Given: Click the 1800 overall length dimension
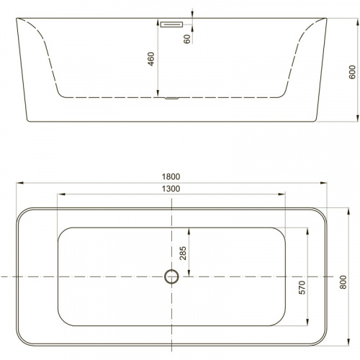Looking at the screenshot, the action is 171,176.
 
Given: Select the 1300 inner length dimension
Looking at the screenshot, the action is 171,189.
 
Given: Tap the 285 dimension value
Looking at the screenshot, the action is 183,253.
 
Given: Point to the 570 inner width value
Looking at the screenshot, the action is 302,287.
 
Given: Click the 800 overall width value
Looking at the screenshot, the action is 343,282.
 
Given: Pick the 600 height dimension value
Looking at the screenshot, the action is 352,72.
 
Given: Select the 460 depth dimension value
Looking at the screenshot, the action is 150,59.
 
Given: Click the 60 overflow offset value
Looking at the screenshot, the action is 186,39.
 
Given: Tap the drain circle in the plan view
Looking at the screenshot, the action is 171,270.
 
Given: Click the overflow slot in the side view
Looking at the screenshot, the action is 171,24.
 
